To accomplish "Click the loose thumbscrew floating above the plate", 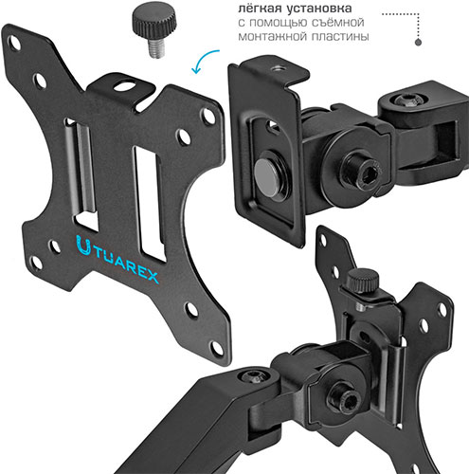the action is click(154, 33).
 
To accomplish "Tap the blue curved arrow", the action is click(202, 60).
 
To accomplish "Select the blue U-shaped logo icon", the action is click(83, 246).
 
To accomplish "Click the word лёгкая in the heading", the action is click(260, 9).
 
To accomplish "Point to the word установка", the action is click(319, 9).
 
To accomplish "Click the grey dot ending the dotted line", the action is click(418, 42).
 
